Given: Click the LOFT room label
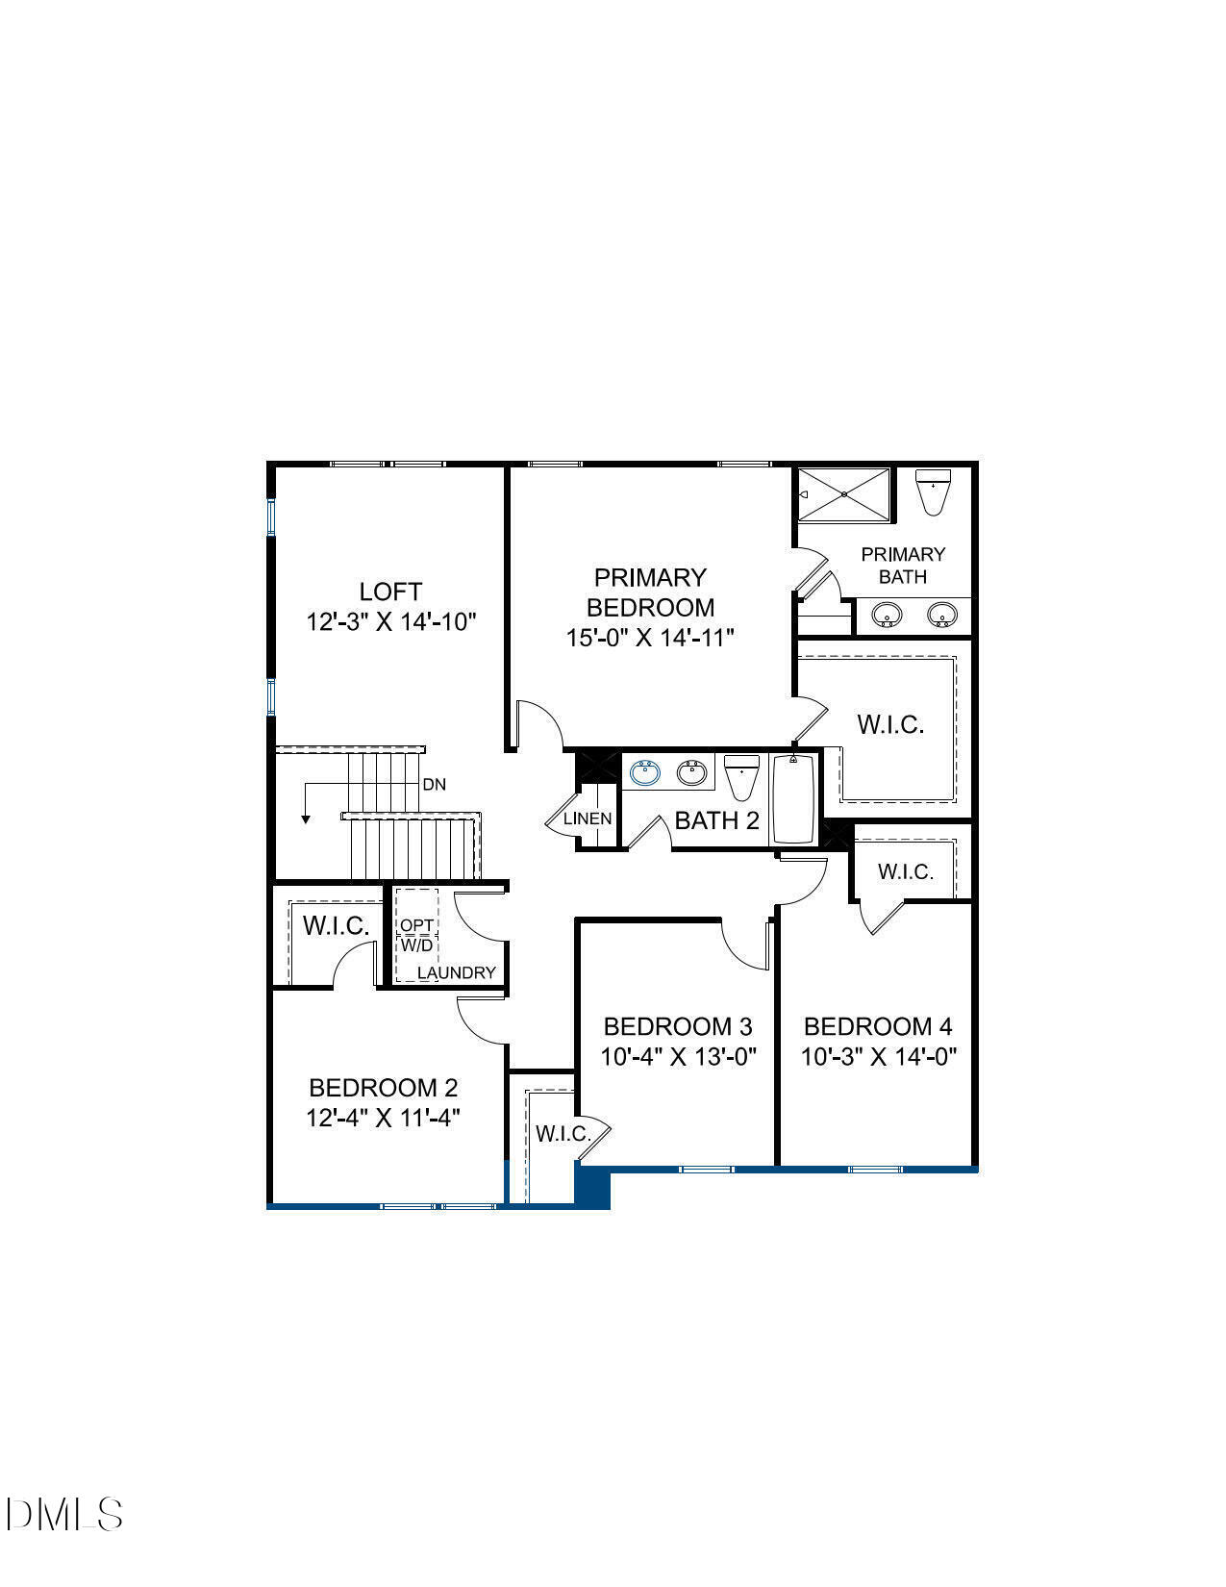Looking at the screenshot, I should point(390,591).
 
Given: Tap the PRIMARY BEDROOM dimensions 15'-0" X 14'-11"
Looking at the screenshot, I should point(650,638).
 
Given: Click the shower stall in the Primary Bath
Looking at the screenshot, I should point(844,494).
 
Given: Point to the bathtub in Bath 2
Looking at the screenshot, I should point(794,799).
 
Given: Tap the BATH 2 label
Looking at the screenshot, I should point(716,820).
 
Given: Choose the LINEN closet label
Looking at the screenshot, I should point(587,819).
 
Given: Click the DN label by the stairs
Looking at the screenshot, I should point(435,784).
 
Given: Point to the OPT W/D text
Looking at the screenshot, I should point(417,935).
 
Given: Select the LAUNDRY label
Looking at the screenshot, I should point(457,972).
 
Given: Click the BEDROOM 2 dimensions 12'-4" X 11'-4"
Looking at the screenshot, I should point(384,1118).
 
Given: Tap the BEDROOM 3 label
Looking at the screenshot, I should point(678,1026).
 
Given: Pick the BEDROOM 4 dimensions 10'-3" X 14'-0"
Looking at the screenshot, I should point(879,1057).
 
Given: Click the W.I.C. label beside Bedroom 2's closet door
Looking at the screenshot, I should point(337,926).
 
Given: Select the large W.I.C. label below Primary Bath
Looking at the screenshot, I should point(890,724).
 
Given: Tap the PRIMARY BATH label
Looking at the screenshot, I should point(903,566).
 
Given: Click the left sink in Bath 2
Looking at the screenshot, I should point(644,771).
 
